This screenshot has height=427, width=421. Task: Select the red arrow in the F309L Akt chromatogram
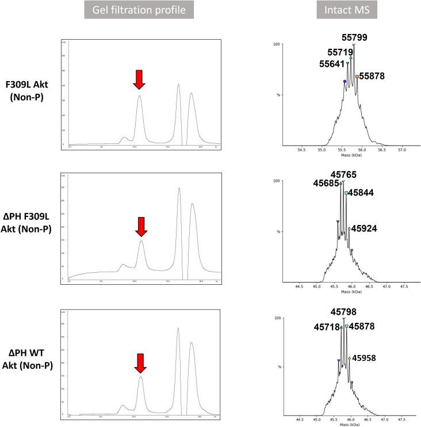139,79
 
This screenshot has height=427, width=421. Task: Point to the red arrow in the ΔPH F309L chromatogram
141,227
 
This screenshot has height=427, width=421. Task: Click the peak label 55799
355,37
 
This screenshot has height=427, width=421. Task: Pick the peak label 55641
334,64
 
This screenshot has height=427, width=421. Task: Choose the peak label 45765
344,174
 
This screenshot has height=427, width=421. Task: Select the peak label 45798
345,311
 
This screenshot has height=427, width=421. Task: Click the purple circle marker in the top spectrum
345,82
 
